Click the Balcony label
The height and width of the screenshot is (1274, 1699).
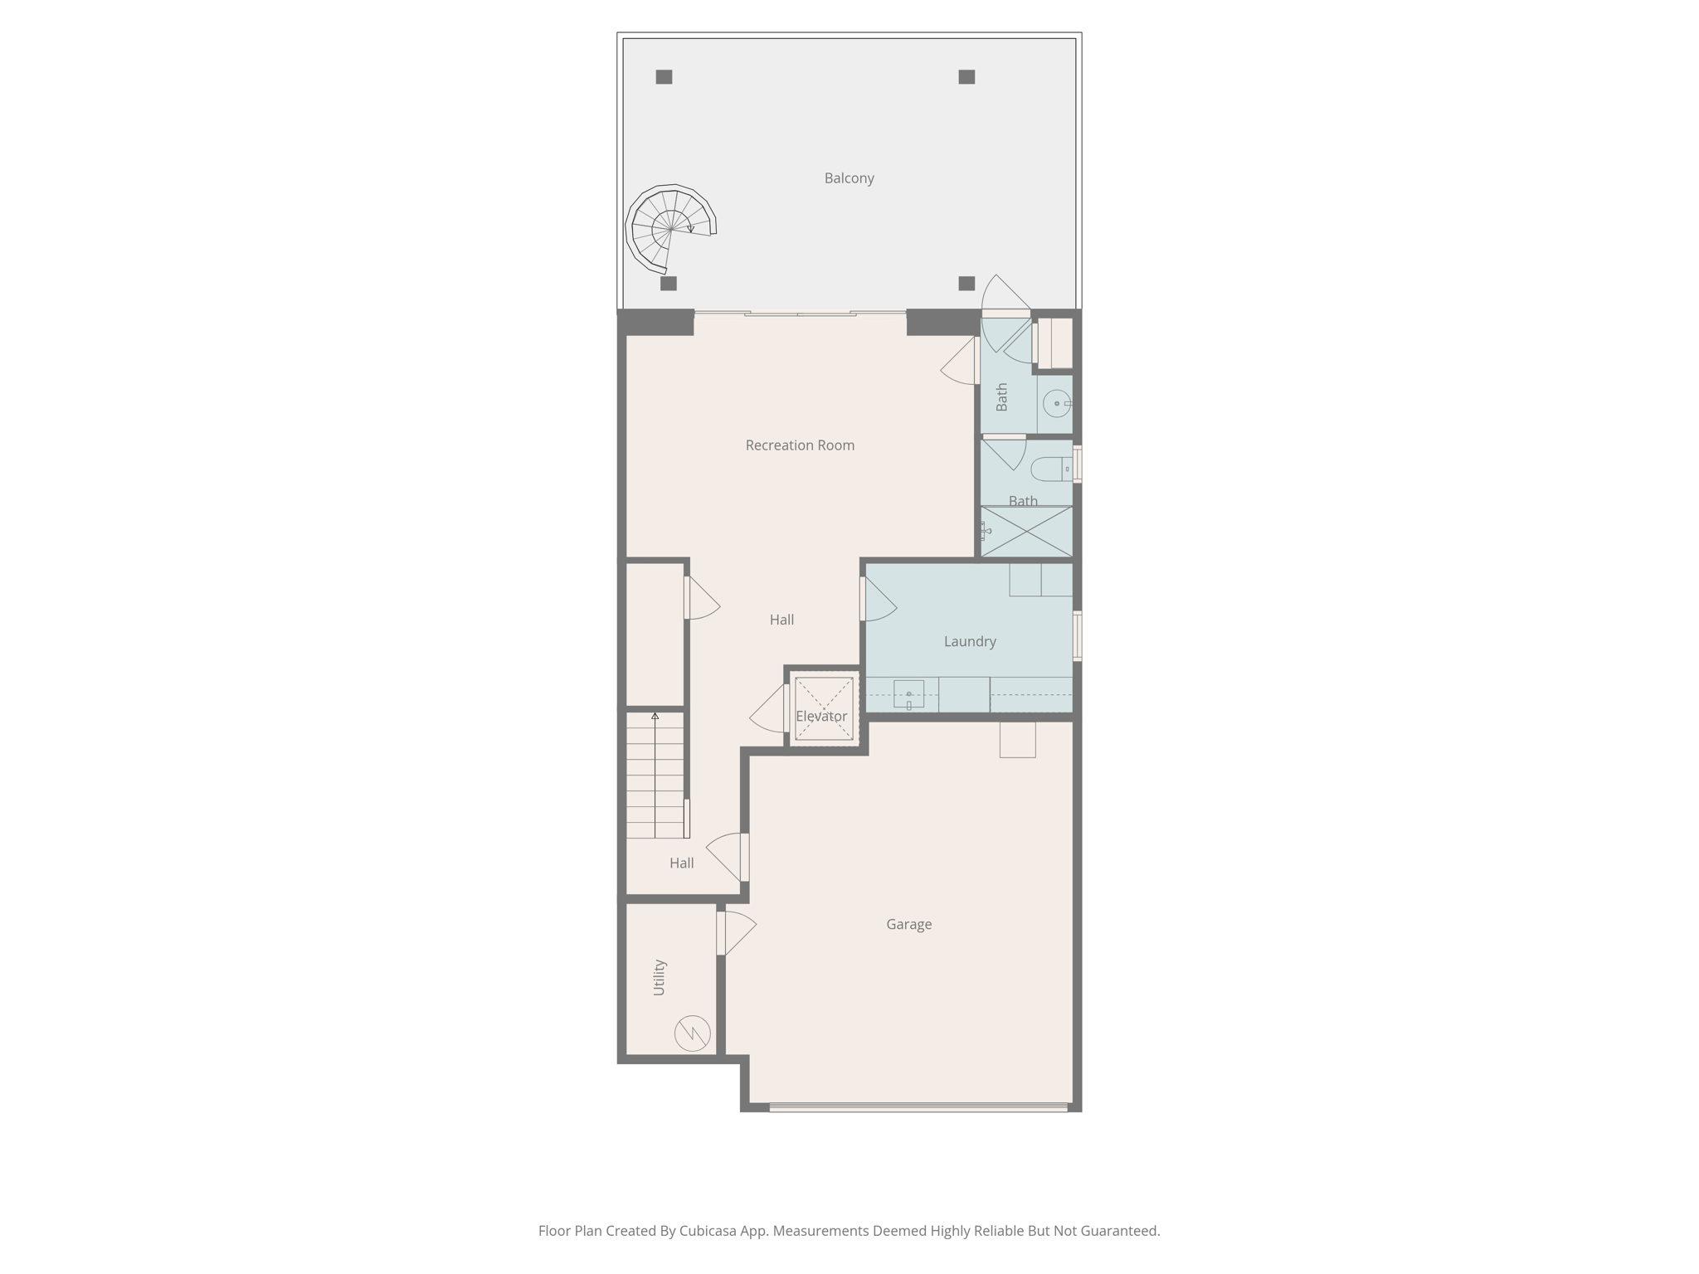(849, 178)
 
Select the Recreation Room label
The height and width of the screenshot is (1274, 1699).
(800, 445)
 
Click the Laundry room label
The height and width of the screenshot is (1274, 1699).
(970, 641)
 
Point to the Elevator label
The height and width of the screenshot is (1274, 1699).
(821, 716)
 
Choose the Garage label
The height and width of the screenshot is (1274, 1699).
(908, 924)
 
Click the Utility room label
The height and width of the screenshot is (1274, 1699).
(660, 977)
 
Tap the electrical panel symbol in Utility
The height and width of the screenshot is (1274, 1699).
(692, 1033)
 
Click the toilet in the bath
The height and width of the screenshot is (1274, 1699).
(1051, 469)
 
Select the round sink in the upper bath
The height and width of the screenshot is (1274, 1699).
(1057, 404)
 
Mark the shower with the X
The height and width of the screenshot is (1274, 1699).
(1027, 531)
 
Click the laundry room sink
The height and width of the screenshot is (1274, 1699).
(908, 694)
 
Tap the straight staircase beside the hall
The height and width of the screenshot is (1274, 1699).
(655, 775)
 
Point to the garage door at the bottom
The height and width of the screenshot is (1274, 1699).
(918, 1106)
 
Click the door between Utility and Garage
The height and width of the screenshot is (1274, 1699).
(722, 933)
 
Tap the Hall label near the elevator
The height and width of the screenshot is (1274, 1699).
(781, 620)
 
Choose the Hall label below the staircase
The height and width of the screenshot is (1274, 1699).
(681, 863)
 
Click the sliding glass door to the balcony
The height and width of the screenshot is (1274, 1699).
(800, 314)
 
